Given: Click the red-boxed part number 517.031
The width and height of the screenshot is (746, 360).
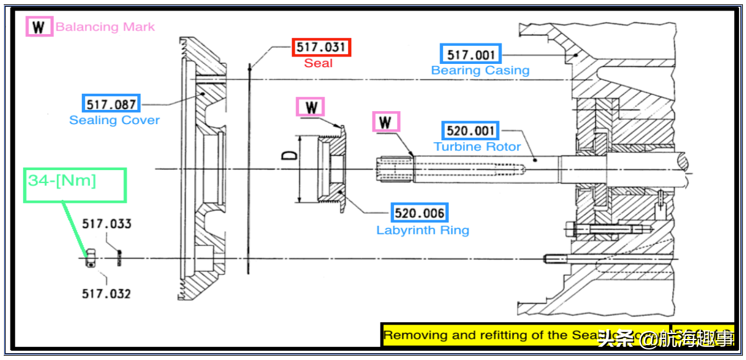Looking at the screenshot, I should point(321,47).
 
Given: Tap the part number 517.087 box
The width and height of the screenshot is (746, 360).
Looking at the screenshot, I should point(111,104).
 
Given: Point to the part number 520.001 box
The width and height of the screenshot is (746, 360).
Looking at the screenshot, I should point(471,131).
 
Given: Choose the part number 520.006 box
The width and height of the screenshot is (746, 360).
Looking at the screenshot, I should point(420,214).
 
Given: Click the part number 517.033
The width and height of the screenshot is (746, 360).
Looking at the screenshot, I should point(107,224).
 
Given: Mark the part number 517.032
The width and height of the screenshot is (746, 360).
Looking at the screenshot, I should point(106,293).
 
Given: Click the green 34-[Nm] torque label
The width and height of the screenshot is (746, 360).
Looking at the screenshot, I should point(62,181).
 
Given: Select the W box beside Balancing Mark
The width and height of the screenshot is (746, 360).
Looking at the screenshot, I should point(38,27).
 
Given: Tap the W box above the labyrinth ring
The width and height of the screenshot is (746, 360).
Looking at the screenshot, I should point(311,107).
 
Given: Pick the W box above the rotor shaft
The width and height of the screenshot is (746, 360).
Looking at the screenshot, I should point(385,121).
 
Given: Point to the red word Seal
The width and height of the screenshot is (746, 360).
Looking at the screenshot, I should point(318,63).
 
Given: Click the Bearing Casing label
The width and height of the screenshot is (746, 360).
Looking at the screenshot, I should point(480,70).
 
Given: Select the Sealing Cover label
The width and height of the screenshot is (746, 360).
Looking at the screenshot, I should point(114,120).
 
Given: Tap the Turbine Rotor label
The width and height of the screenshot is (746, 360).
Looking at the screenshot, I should point(477,147).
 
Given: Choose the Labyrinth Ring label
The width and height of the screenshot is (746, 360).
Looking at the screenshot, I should point(423,230).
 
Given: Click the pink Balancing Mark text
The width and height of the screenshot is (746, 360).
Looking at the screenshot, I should point(105,27).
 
